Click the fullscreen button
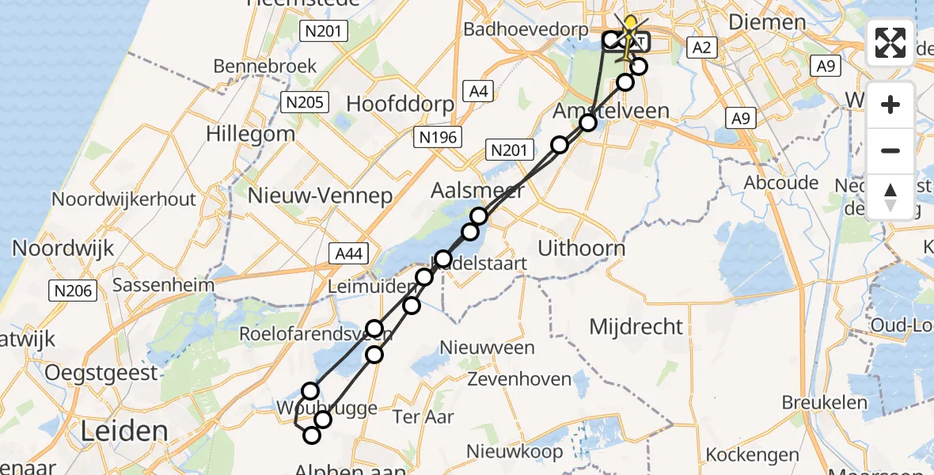(890, 43)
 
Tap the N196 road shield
(437, 138)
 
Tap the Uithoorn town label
(581, 248)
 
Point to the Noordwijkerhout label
(123, 199)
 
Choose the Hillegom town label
(250, 133)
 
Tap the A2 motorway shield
(702, 48)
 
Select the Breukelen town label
(825, 402)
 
